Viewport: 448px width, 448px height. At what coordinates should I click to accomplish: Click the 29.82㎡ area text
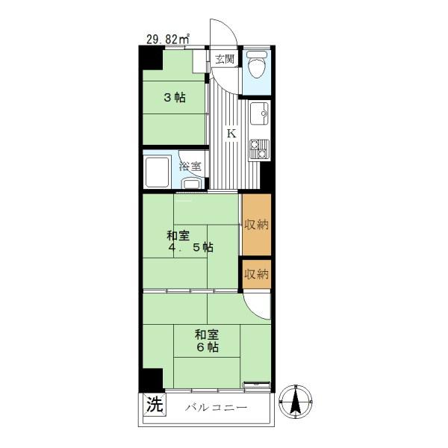pyautogui.click(x=168, y=39)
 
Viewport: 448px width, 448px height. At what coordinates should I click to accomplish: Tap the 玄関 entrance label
pyautogui.click(x=225, y=59)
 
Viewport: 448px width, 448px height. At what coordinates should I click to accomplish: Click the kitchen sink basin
pyautogui.click(x=259, y=113)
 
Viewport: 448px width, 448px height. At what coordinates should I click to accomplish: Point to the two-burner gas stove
pyautogui.click(x=259, y=149)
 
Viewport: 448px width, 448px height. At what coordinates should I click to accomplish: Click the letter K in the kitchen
pyautogui.click(x=231, y=134)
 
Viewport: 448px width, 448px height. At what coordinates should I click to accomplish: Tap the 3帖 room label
pyautogui.click(x=175, y=98)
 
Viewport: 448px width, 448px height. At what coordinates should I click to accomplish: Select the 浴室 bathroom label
pyautogui.click(x=190, y=167)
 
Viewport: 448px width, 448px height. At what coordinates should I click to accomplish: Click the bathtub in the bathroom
pyautogui.click(x=157, y=172)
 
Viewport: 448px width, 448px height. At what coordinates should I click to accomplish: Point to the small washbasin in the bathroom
pyautogui.click(x=191, y=183)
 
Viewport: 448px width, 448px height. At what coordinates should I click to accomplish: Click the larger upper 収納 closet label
pyautogui.click(x=257, y=225)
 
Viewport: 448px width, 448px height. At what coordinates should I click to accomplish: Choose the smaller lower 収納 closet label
pyautogui.click(x=257, y=274)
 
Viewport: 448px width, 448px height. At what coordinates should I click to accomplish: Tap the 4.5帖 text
pyautogui.click(x=190, y=247)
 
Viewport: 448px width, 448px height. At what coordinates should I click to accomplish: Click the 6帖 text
pyautogui.click(x=207, y=347)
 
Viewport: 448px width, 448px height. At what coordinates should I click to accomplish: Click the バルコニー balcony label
pyautogui.click(x=216, y=408)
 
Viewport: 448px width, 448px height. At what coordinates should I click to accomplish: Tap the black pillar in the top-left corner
pyautogui.click(x=151, y=58)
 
